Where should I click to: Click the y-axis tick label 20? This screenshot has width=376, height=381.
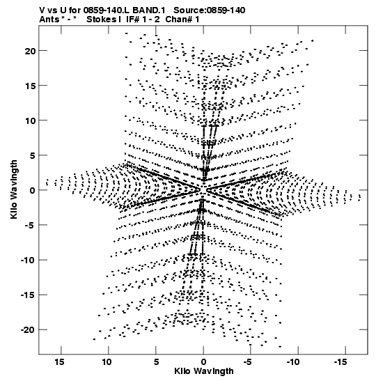pyautogui.click(x=30, y=51)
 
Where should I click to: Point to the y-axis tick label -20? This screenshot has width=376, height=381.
pyautogui.click(x=28, y=329)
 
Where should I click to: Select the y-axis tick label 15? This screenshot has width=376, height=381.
pyautogui.click(x=30, y=86)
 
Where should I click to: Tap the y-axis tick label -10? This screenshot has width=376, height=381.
pyautogui.click(x=28, y=261)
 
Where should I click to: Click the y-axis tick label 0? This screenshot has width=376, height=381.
pyautogui.click(x=33, y=191)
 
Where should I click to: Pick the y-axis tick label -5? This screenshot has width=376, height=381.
pyautogui.click(x=30, y=225)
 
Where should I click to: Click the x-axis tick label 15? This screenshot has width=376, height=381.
pyautogui.click(x=59, y=362)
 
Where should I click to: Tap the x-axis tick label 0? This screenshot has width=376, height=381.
pyautogui.click(x=203, y=362)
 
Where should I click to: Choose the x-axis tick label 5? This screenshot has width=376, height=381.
pyautogui.click(x=156, y=362)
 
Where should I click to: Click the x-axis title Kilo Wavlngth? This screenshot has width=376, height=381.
pyautogui.click(x=204, y=371)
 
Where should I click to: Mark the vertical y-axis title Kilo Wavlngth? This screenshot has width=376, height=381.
pyautogui.click(x=14, y=189)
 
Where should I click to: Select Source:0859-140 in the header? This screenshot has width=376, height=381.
pyautogui.click(x=210, y=10)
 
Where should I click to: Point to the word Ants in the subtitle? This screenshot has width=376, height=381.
pyautogui.click(x=49, y=20)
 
